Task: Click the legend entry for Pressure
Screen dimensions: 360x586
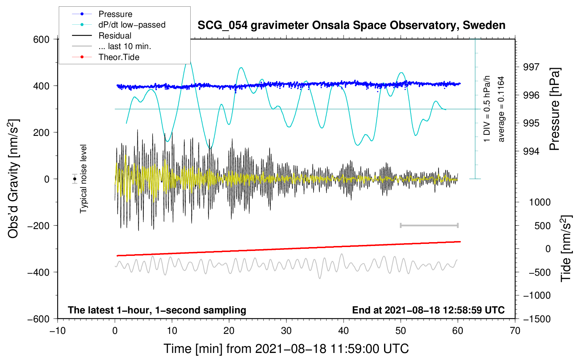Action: pos(115,14)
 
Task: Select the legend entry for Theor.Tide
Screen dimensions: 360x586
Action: pos(119,57)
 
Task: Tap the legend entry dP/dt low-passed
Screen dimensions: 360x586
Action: pos(132,25)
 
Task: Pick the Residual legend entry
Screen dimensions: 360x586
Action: pos(115,36)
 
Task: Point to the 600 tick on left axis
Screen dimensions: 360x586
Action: pos(41,39)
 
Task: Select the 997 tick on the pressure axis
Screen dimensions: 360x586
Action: pos(531,67)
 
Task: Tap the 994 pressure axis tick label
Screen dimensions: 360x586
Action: pos(531,151)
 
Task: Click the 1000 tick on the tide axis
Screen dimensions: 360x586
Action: pos(539,202)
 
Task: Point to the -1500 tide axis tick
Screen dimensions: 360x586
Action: pos(537,319)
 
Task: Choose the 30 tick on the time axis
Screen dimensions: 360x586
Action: pos(286,331)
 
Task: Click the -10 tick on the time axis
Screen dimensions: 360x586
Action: pos(58,331)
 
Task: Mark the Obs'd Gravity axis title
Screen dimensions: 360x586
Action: pos(13,179)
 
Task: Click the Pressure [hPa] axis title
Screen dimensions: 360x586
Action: pos(555,109)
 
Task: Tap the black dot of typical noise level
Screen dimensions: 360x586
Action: pos(75,179)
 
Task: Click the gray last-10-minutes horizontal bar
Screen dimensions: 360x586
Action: pos(429,225)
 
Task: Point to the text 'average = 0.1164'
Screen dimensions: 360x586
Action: pos(501,109)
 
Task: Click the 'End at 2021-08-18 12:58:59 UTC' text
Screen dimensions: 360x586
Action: pos(428,310)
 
